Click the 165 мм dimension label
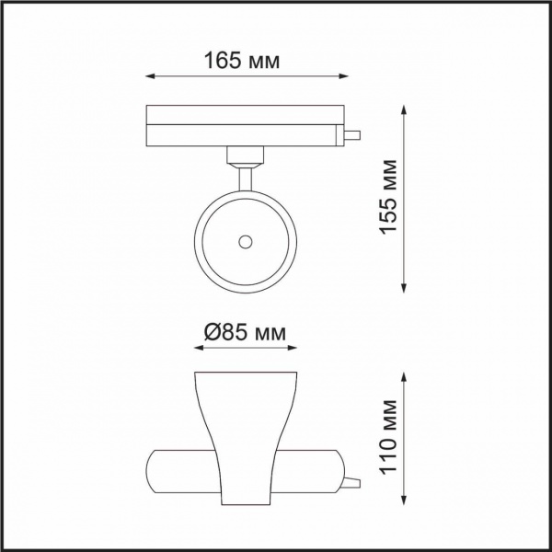(242, 61)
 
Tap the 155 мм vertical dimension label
(388, 197)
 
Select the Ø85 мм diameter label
(245, 332)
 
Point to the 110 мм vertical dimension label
(388, 437)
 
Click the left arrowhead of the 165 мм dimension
(150, 76)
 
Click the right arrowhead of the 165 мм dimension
(344, 76)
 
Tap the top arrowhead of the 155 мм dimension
(404, 109)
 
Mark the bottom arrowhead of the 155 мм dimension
(404, 288)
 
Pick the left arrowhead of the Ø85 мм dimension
(199, 348)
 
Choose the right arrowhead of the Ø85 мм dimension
(293, 348)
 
